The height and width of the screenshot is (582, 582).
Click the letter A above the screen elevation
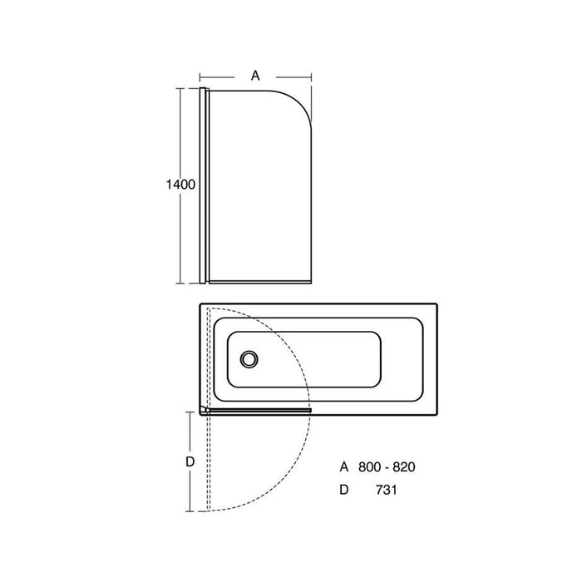tap(255, 76)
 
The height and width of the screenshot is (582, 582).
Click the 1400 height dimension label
tap(180, 185)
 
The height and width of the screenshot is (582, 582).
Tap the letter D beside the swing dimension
tap(190, 461)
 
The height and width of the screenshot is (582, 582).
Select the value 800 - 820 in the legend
tap(387, 467)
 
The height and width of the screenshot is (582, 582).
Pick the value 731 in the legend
tap(387, 491)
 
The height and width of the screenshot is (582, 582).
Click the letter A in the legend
tap(344, 467)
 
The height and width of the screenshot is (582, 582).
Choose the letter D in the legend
tap(344, 491)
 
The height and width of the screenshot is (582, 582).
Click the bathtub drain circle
tap(249, 359)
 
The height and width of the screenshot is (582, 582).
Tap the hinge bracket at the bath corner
tap(205, 410)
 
